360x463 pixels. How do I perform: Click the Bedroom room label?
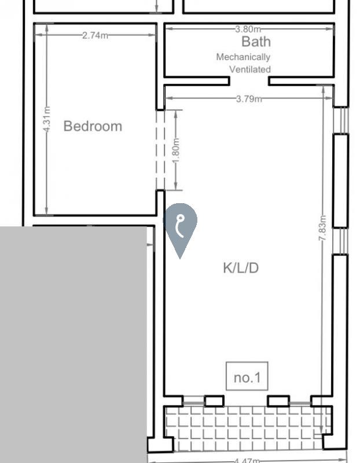coord(93,126)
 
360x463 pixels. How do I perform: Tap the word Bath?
coord(256,42)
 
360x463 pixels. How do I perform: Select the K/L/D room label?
coord(241,268)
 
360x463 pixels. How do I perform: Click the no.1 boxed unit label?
coord(247,376)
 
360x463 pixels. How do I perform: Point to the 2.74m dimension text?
coord(95,35)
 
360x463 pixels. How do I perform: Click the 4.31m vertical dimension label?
coord(47,119)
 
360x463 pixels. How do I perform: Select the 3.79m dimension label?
coord(249,98)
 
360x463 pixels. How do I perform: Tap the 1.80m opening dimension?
coord(176,150)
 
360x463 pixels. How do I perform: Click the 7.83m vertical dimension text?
coord(323,227)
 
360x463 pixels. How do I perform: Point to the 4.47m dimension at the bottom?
coord(247,460)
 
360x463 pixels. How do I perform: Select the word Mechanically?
coord(243,57)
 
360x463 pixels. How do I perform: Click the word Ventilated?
coord(250,69)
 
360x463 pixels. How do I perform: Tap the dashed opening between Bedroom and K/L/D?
coord(160,150)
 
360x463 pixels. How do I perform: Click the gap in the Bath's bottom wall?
coord(249,81)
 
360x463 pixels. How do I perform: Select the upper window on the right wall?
coord(341,120)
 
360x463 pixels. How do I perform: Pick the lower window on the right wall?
coord(340,241)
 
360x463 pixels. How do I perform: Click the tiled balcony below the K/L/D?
coord(248,428)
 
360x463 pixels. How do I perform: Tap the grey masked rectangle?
coord(74,344)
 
